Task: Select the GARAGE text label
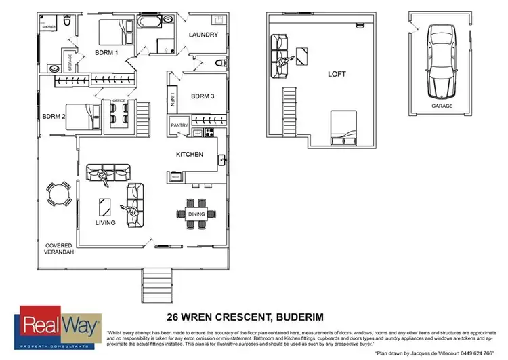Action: (x=442, y=106)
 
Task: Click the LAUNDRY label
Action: (x=203, y=35)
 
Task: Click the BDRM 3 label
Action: (x=202, y=96)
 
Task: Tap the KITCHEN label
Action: (x=190, y=154)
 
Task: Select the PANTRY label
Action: (x=179, y=125)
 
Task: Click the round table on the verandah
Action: (x=57, y=195)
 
